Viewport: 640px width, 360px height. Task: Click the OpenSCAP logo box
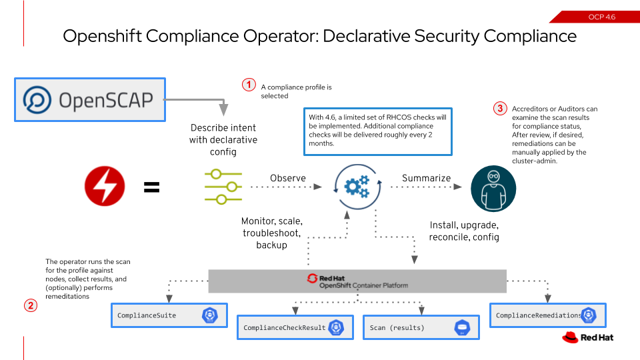pyautogui.click(x=89, y=100)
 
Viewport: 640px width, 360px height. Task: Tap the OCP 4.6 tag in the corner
pyautogui.click(x=601, y=17)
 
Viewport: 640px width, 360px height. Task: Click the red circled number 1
pyautogui.click(x=248, y=85)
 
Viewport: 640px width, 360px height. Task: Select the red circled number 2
pyautogui.click(x=31, y=306)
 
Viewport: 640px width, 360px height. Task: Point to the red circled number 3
pyautogui.click(x=499, y=107)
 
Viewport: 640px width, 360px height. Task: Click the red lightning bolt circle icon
pyautogui.click(x=105, y=187)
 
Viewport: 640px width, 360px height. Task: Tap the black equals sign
pyautogui.click(x=152, y=187)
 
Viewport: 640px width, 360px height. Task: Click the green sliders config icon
pyautogui.click(x=223, y=187)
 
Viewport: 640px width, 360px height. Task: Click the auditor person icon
pyautogui.click(x=493, y=189)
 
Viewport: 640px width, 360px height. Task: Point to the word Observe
pyautogui.click(x=287, y=178)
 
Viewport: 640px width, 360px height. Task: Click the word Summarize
pyautogui.click(x=426, y=178)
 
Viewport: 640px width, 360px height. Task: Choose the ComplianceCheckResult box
pyautogui.click(x=293, y=328)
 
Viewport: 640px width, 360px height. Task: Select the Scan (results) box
pyautogui.click(x=419, y=328)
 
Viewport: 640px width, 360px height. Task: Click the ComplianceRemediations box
pyautogui.click(x=547, y=315)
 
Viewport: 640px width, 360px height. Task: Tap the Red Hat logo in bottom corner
pyautogui.click(x=587, y=337)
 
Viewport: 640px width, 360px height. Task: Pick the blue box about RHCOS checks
pyautogui.click(x=378, y=130)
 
